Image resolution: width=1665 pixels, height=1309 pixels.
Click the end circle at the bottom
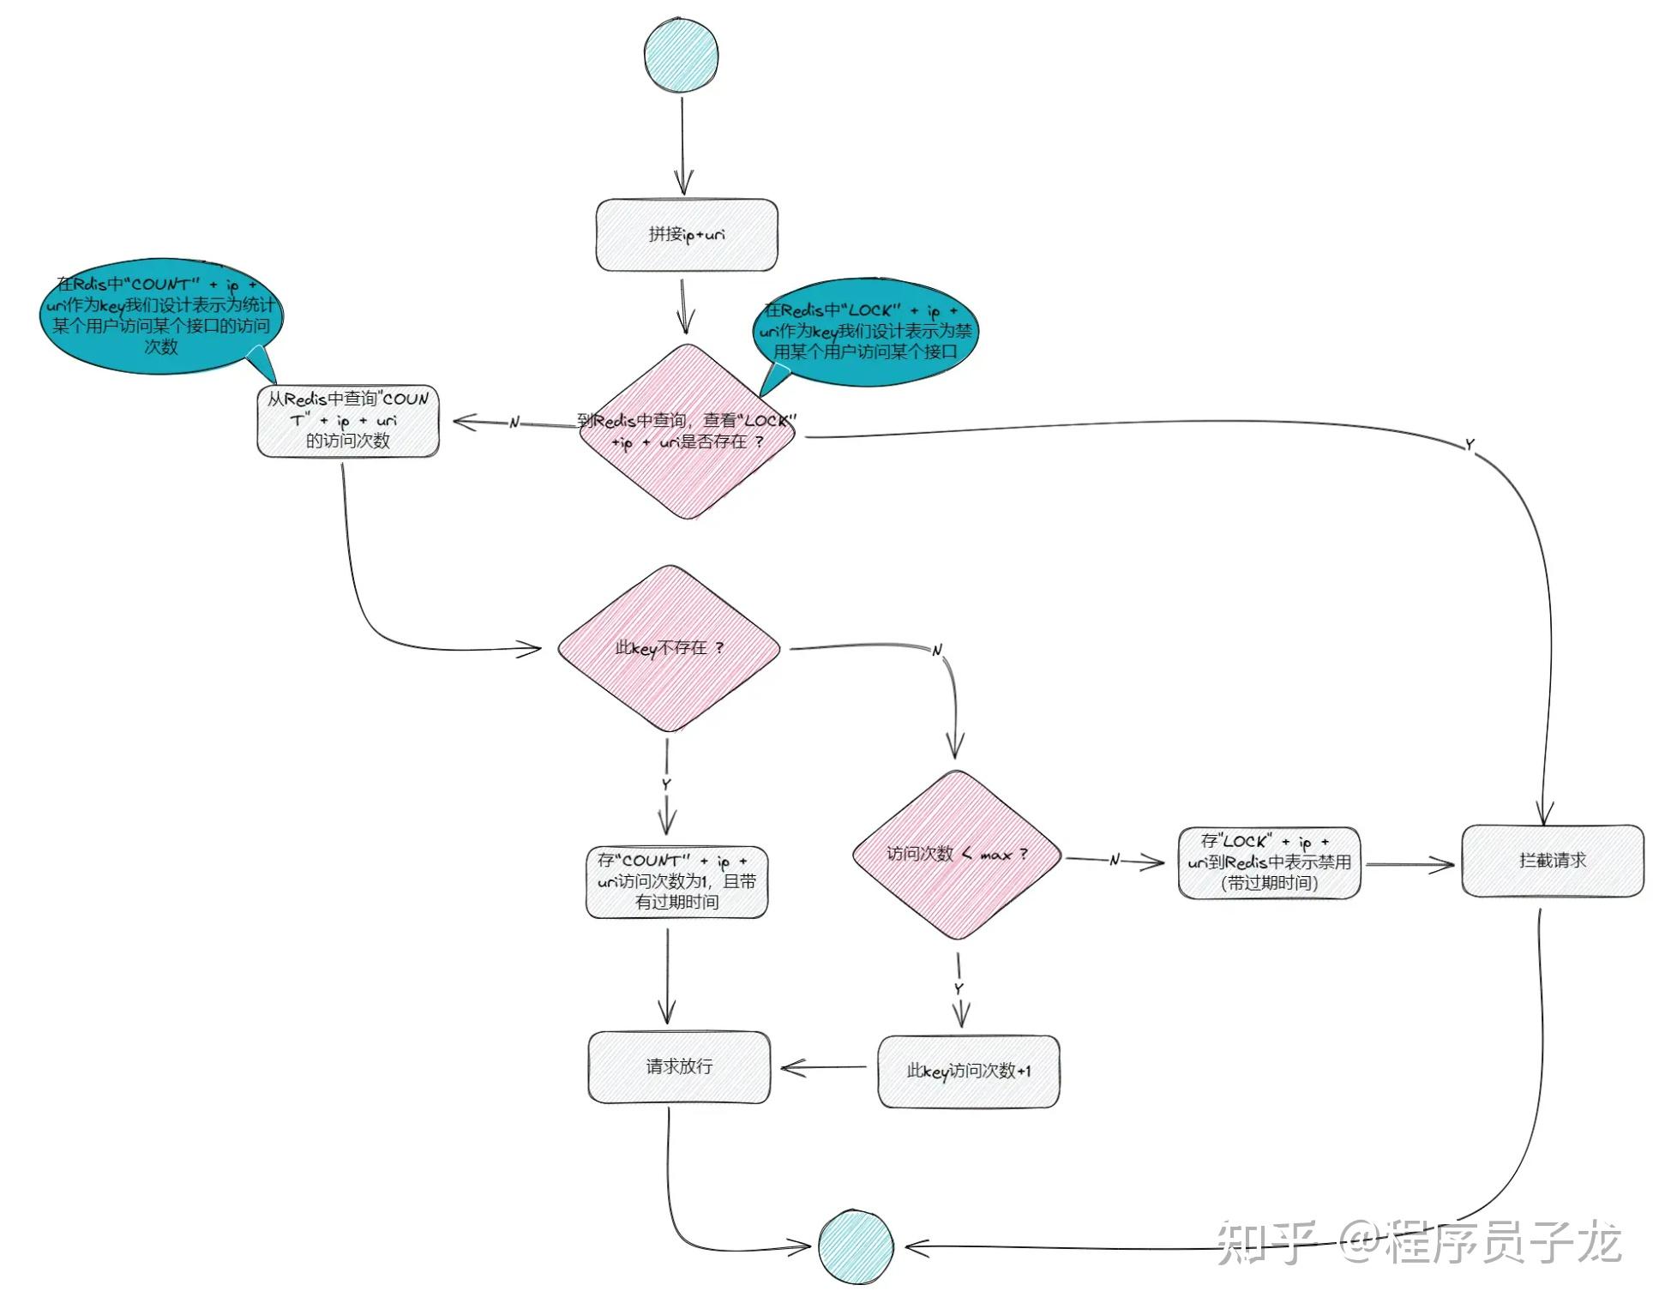click(x=855, y=1247)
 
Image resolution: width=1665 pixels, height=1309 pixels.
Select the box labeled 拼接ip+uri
click(x=687, y=235)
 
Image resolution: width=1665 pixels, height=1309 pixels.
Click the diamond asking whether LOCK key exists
click(x=687, y=432)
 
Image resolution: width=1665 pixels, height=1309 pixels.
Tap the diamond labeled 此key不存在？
click(x=669, y=648)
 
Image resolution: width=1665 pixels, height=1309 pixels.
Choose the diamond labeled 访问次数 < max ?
click(x=957, y=855)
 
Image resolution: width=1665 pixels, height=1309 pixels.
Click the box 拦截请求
click(x=1553, y=861)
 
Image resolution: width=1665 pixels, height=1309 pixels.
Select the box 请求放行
click(x=679, y=1066)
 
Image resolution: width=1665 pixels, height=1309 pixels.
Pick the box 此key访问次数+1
click(x=969, y=1072)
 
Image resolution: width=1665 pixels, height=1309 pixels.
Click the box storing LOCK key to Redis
click(x=1269, y=862)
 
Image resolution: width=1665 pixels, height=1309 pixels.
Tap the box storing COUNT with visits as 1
click(x=676, y=882)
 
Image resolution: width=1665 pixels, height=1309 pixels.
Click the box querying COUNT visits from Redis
click(x=348, y=421)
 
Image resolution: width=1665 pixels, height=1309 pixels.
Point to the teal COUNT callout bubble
click(x=161, y=316)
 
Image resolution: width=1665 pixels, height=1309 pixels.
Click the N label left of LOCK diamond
click(x=514, y=423)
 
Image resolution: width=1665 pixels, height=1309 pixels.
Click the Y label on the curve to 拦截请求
click(x=1470, y=445)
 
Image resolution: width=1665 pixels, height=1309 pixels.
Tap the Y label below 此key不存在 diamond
click(x=666, y=784)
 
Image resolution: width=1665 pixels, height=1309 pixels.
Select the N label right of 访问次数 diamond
click(x=1115, y=860)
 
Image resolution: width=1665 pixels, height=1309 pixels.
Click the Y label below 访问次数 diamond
click(x=959, y=989)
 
